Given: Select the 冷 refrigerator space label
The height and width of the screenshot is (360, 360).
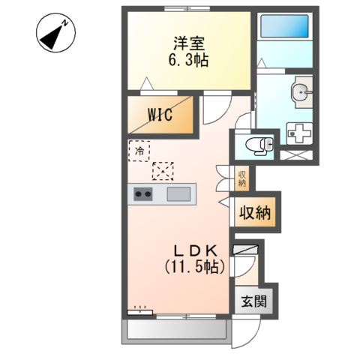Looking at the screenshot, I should pyautogui.click(x=139, y=151).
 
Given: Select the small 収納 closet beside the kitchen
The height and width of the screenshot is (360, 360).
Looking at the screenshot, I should pyautogui.click(x=242, y=178).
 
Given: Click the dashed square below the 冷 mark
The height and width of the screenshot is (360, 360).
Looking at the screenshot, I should pyautogui.click(x=162, y=172).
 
